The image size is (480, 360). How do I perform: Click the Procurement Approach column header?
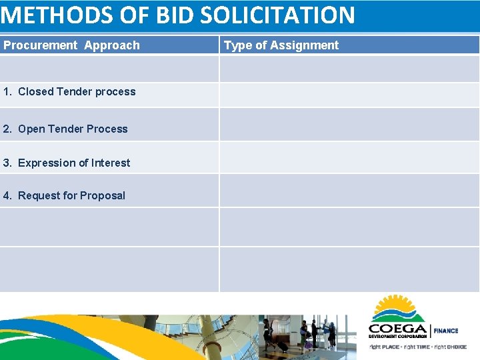[71, 45]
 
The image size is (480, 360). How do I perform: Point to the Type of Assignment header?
[281, 45]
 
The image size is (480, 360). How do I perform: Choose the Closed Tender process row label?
[77, 92]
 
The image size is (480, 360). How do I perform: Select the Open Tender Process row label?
[73, 129]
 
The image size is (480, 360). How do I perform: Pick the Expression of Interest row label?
[74, 163]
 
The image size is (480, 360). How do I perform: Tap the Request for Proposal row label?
[71, 196]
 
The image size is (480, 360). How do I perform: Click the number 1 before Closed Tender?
[6, 92]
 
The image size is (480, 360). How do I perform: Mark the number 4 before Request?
[6, 196]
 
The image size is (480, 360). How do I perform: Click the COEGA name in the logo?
[398, 328]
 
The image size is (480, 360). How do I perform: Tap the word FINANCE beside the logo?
[447, 331]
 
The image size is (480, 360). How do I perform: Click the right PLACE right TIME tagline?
[418, 347]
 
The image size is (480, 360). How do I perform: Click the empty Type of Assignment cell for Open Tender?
[349, 125]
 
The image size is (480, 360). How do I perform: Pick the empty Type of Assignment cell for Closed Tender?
[349, 95]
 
